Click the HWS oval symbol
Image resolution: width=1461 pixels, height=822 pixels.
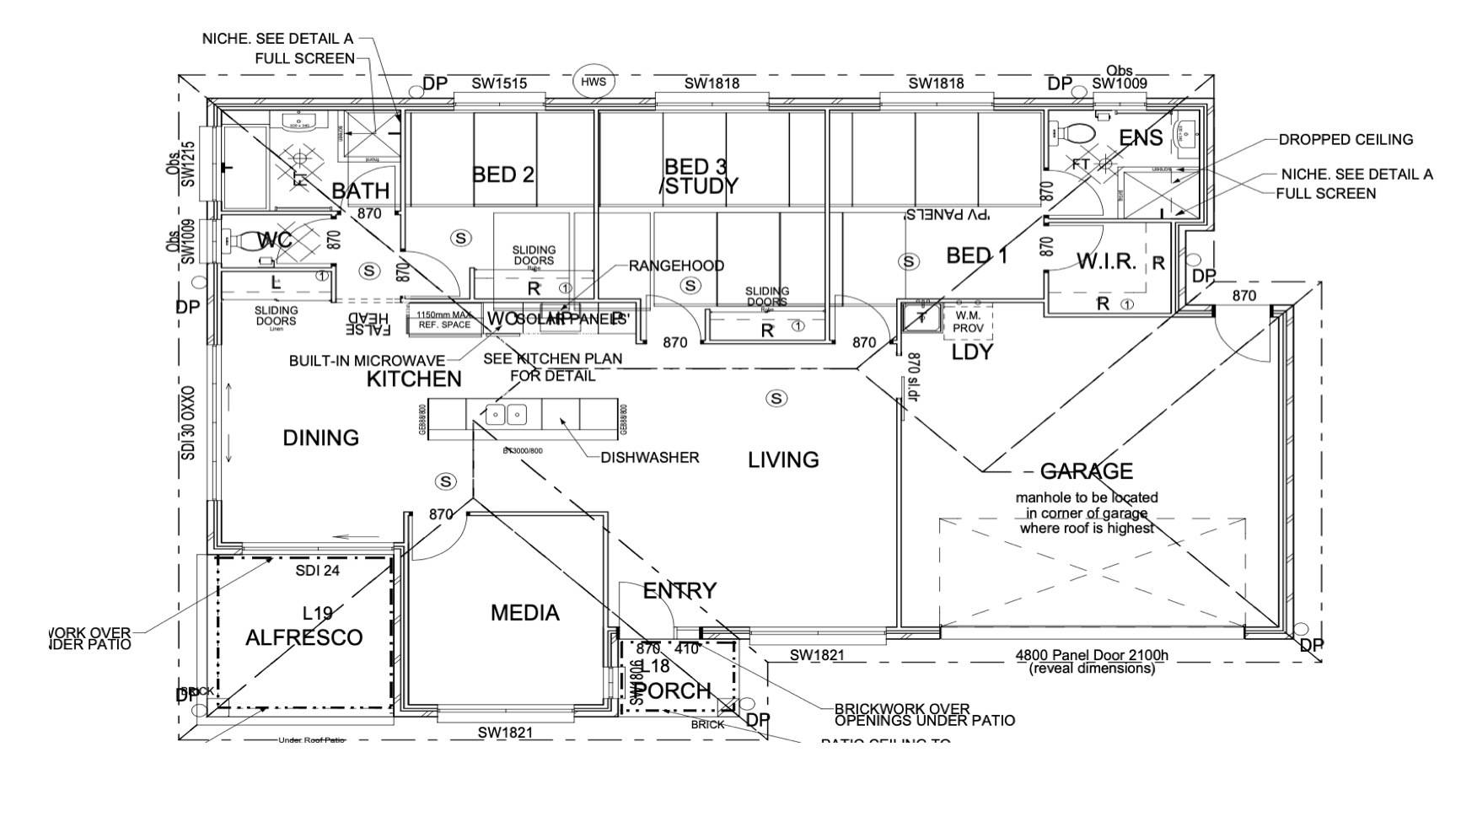pos(594,82)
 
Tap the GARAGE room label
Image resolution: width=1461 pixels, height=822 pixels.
pos(1086,470)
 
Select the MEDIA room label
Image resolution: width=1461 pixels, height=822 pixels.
pos(524,613)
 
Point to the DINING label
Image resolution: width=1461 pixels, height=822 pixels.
pos(320,438)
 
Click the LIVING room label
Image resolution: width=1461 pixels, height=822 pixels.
pos(783,459)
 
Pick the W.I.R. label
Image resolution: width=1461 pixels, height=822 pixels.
pos(1106,261)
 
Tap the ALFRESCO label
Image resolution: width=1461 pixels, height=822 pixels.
pos(303,637)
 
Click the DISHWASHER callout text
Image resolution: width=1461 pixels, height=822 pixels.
pos(649,458)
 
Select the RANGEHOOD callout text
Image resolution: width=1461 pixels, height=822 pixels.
pos(676,266)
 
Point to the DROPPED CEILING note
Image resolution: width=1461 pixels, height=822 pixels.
pos(1346,139)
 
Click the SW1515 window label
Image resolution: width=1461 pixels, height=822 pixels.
pos(499,83)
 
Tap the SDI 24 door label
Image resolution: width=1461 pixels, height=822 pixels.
pos(317,571)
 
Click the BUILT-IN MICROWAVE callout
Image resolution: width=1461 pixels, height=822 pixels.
pos(367,361)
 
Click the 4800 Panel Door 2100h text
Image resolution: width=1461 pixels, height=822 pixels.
pos(1092,656)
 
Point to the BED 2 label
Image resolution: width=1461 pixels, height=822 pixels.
pos(503,175)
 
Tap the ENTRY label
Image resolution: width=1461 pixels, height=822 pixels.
pos(679,591)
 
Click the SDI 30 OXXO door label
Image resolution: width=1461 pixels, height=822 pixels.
pos(188,423)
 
